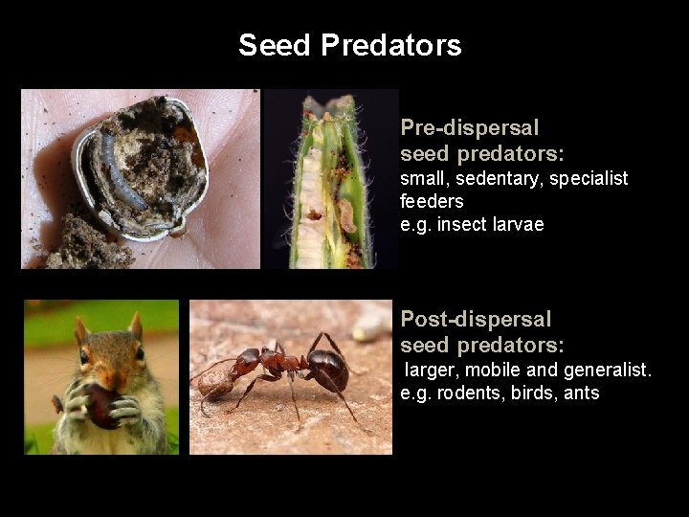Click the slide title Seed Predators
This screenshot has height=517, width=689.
click(349, 45)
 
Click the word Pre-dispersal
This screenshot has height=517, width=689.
click(469, 127)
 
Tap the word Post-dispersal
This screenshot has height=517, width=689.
click(476, 319)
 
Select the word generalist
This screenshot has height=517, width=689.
click(607, 370)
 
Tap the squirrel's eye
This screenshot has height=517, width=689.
click(85, 357)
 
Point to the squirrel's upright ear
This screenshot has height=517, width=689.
click(135, 326)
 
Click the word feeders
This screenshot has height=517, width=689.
click(432, 202)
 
